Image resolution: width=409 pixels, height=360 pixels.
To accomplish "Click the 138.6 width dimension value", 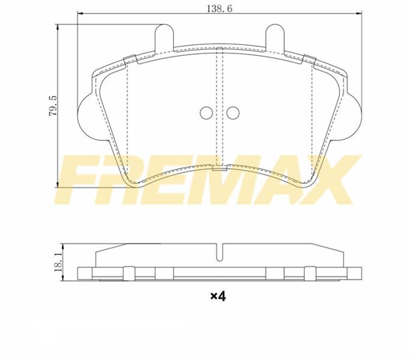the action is click(x=219, y=9).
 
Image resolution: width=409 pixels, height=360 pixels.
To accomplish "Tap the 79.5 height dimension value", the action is click(x=52, y=106).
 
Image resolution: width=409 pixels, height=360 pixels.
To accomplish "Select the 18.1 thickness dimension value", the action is click(x=58, y=262).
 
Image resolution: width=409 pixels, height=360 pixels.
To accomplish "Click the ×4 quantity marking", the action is click(x=218, y=296).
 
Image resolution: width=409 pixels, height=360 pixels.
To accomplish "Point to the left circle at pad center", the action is click(x=207, y=113).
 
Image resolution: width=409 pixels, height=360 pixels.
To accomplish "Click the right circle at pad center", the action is click(x=233, y=113).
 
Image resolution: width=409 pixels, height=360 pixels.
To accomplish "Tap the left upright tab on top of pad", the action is click(x=164, y=37).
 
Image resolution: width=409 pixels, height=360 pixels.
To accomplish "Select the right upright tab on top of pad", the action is click(x=275, y=37).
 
